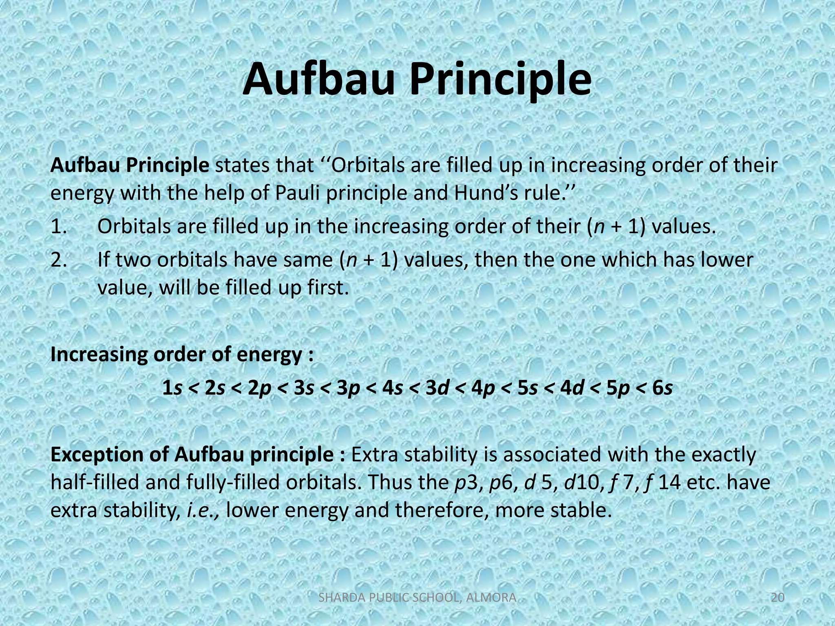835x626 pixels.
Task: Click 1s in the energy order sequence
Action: tap(172, 388)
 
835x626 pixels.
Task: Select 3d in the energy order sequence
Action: tap(437, 388)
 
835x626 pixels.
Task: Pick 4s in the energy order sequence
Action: tap(393, 388)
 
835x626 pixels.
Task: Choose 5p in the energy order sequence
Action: tap(618, 388)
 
